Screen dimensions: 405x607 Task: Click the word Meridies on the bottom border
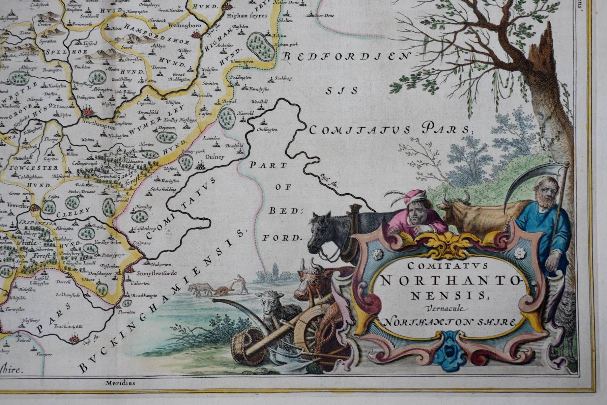[x=120, y=383]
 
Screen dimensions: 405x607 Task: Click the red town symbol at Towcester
[x=34, y=209]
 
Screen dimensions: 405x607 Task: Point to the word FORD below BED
[x=282, y=238]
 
